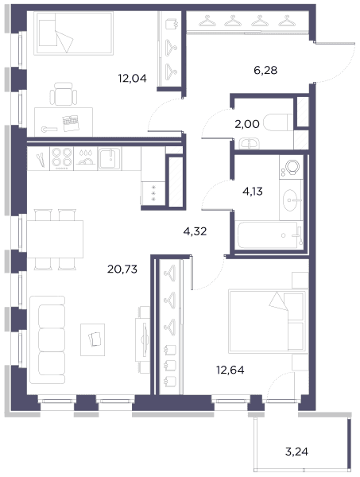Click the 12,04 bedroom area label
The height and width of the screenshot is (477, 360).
click(132, 79)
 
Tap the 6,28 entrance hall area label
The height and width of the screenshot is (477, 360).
click(265, 71)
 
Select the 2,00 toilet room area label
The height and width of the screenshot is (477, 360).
click(247, 124)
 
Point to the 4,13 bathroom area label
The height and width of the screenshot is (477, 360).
click(253, 192)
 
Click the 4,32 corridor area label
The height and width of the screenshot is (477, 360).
click(195, 231)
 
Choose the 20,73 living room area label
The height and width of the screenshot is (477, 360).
click(122, 269)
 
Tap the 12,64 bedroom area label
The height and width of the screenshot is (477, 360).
click(230, 370)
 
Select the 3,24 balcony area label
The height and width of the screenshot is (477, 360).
click(296, 452)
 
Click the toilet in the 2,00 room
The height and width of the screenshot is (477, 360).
click(278, 122)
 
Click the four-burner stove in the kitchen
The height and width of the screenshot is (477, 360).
click(61, 158)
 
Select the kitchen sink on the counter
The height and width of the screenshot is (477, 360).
click(109, 158)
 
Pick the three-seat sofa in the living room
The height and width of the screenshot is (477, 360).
click(48, 339)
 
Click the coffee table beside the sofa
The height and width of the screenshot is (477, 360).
click(93, 339)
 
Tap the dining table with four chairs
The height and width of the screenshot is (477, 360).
click(55, 239)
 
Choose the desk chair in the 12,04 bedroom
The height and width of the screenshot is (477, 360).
click(64, 95)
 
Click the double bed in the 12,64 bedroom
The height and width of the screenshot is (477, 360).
click(267, 321)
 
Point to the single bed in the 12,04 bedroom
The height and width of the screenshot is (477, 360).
click(74, 33)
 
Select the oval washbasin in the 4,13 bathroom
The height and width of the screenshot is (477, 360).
click(291, 200)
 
